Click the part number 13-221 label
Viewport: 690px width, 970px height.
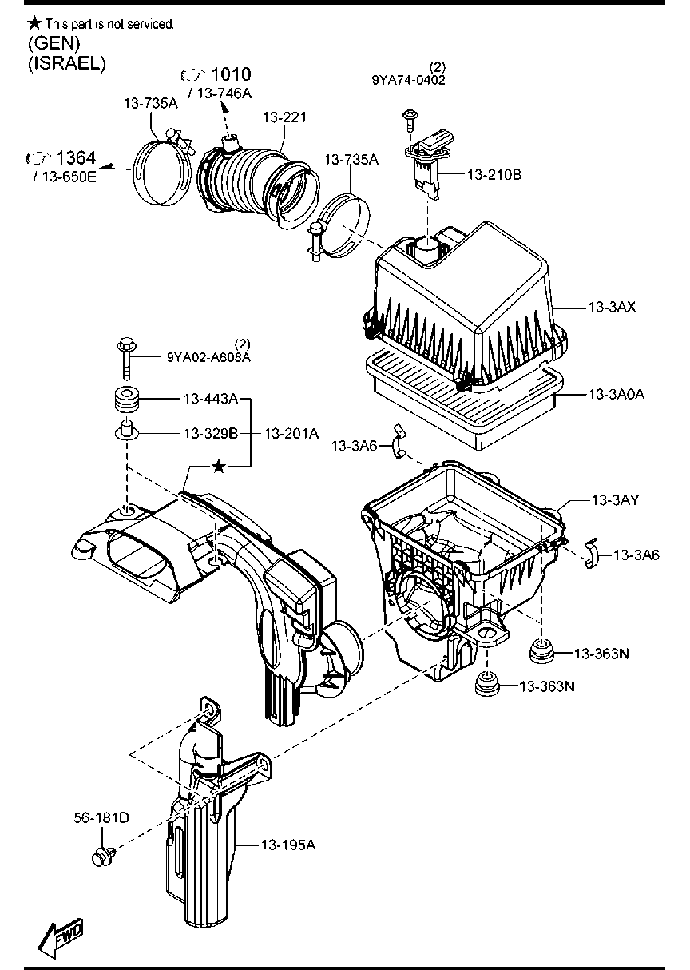(284, 117)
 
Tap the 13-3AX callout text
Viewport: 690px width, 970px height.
(612, 307)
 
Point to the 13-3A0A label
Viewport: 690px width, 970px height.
(616, 394)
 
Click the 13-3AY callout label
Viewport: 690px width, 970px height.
(615, 500)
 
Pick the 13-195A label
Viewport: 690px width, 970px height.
(288, 844)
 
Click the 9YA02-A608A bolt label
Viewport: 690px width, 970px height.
(208, 358)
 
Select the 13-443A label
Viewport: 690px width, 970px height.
(211, 397)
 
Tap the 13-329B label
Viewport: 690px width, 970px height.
(211, 433)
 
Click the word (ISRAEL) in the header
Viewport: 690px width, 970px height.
(66, 63)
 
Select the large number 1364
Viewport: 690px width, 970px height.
(77, 158)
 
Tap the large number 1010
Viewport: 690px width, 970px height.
(231, 75)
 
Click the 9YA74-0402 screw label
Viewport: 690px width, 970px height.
(408, 80)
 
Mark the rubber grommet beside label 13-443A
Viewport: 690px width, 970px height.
(125, 398)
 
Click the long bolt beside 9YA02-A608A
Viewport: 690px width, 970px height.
(125, 357)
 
